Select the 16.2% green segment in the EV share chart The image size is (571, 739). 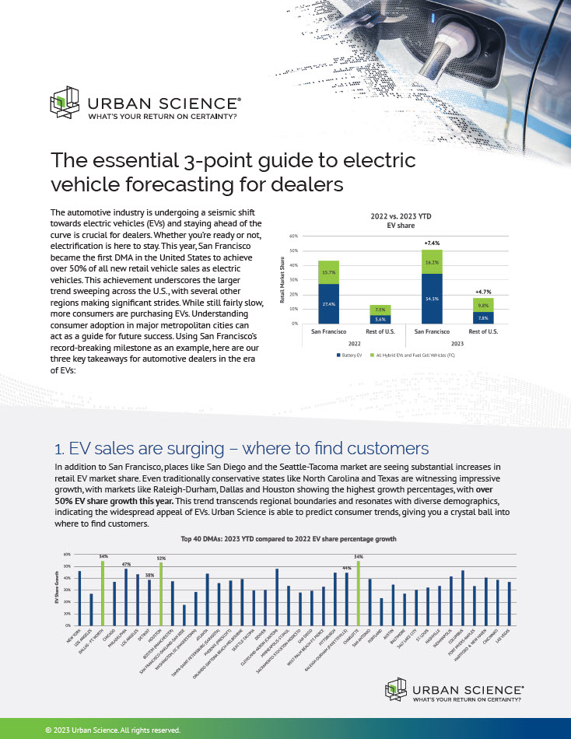click(x=432, y=263)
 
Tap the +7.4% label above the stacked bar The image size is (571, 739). click(x=432, y=243)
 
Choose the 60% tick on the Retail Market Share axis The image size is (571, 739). click(x=293, y=234)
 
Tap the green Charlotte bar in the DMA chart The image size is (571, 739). click(x=358, y=593)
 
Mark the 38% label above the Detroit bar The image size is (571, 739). click(x=149, y=575)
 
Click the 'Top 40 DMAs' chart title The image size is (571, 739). click(x=289, y=538)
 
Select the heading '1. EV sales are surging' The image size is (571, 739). click(x=241, y=449)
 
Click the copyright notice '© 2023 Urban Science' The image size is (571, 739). click(x=114, y=730)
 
